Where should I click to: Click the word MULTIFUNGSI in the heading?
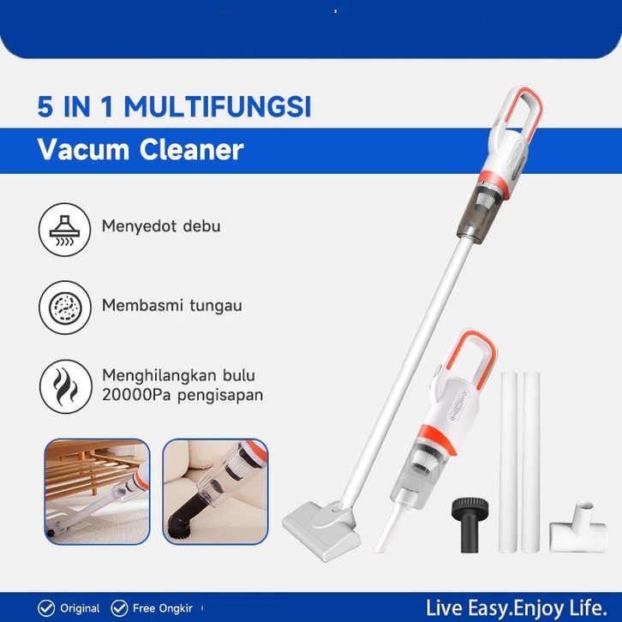[218, 107]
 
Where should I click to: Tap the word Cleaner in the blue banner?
[191, 150]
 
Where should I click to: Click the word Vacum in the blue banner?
[84, 150]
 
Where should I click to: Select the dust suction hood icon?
[64, 230]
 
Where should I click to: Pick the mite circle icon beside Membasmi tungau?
[65, 307]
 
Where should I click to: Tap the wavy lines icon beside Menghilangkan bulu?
[65, 386]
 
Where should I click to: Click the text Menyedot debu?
[161, 226]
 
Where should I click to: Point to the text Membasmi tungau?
[171, 306]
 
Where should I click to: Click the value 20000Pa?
[137, 395]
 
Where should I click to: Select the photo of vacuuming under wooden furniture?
[97, 492]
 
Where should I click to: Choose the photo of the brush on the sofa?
[215, 492]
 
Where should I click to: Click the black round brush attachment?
[469, 524]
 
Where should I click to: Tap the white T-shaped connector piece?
[579, 529]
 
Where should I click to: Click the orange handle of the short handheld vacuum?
[486, 357]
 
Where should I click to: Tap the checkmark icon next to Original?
[46, 608]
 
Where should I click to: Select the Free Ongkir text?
[163, 608]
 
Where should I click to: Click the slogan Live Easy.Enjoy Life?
[517, 608]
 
